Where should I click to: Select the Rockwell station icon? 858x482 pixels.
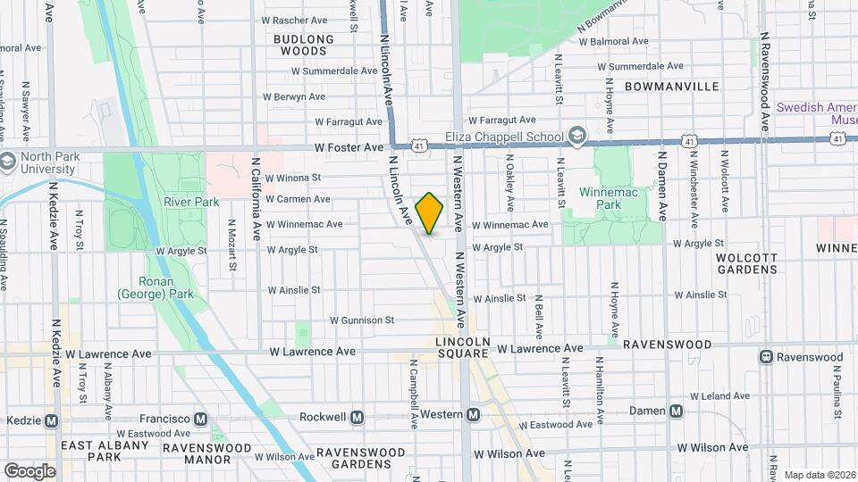(x=357, y=417)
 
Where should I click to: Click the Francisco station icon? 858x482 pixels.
(x=201, y=419)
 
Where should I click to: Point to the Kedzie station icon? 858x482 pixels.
(x=51, y=420)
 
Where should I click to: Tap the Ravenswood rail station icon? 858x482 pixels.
(x=766, y=357)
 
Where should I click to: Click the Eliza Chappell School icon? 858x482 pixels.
(x=577, y=137)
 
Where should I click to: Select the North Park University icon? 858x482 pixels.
(x=7, y=162)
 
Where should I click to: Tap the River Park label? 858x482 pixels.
(x=191, y=202)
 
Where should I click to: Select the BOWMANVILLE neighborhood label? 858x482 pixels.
(x=672, y=87)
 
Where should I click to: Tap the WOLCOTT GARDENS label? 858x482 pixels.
(x=746, y=262)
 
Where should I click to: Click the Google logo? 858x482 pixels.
(x=29, y=470)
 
